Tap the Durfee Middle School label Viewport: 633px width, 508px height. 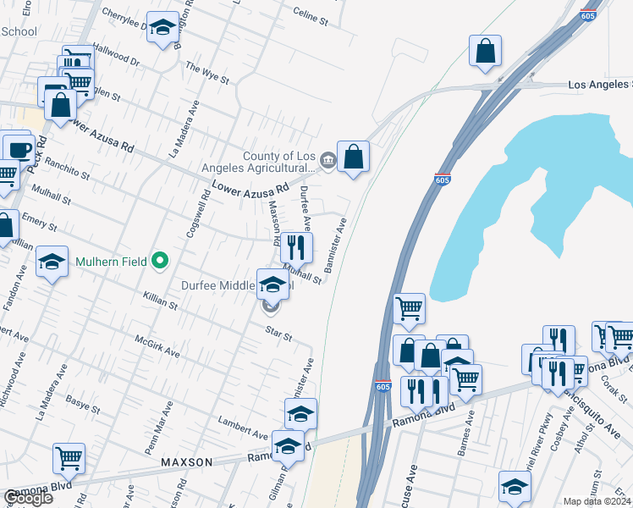pyautogui.click(x=238, y=285)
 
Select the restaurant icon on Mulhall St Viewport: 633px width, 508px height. pyautogui.click(x=296, y=246)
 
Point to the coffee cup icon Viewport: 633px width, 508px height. pyautogui.click(x=18, y=150)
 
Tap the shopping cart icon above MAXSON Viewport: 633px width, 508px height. pyautogui.click(x=69, y=458)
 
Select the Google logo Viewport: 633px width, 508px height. pyautogui.click(x=28, y=498)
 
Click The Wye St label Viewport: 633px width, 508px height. pyautogui.click(x=207, y=73)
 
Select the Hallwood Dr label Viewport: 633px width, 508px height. pyautogui.click(x=116, y=55)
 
